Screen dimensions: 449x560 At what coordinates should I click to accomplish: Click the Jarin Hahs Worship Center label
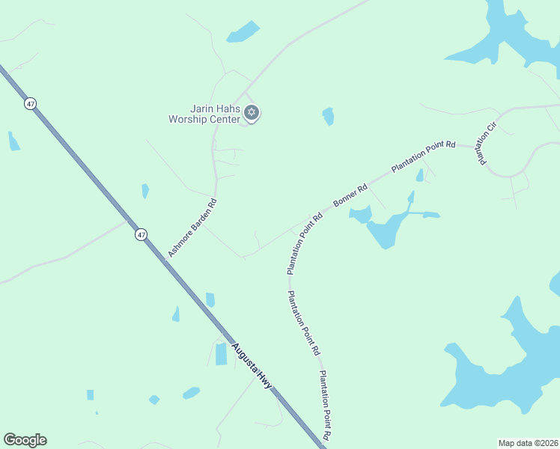(204, 114)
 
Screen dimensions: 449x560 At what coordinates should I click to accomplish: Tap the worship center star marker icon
(252, 113)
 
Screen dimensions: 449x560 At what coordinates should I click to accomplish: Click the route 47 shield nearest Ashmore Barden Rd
(141, 235)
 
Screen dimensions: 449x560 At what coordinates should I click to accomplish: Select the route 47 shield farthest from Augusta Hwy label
(30, 104)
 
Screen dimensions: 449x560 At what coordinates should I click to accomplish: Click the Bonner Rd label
(350, 195)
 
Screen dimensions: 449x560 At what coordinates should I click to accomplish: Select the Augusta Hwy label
(251, 365)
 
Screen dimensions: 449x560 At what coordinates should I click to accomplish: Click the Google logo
(25, 440)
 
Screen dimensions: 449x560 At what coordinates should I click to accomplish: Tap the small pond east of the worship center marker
(328, 116)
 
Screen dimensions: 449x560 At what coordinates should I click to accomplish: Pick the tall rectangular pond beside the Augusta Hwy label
(221, 354)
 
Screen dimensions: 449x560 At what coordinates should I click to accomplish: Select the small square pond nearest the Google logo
(90, 394)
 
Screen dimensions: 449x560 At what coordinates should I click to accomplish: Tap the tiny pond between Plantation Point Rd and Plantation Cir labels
(420, 175)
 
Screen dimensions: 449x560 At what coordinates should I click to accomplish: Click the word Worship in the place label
(186, 119)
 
